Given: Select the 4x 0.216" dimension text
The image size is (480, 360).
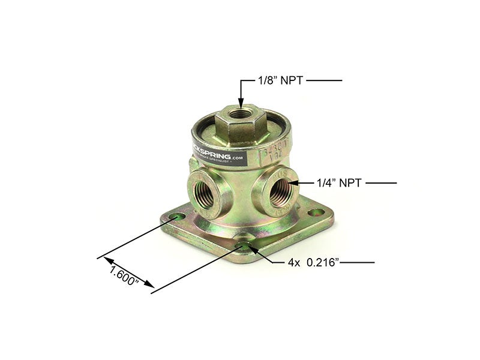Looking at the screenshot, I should pyautogui.click(x=311, y=263).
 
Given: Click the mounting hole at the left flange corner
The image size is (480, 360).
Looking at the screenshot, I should pyautogui.click(x=176, y=215).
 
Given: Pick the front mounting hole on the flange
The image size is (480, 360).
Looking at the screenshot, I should pyautogui.click(x=245, y=244).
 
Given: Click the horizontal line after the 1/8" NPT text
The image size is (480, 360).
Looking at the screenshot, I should pyautogui.click(x=324, y=80).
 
